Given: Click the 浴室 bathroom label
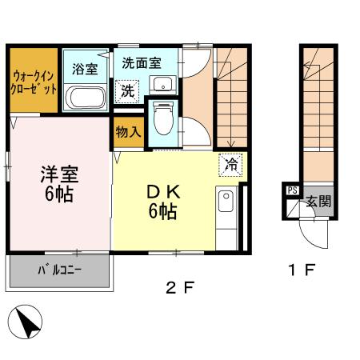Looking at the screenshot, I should tap(85, 68).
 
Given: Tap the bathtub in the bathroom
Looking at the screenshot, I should tap(86, 98).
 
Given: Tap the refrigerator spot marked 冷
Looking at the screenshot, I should tap(230, 165).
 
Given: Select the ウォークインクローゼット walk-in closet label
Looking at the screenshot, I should tap(34, 82).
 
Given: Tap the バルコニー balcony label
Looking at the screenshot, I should tap(58, 271).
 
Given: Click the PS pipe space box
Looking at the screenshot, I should tap(291, 191).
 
